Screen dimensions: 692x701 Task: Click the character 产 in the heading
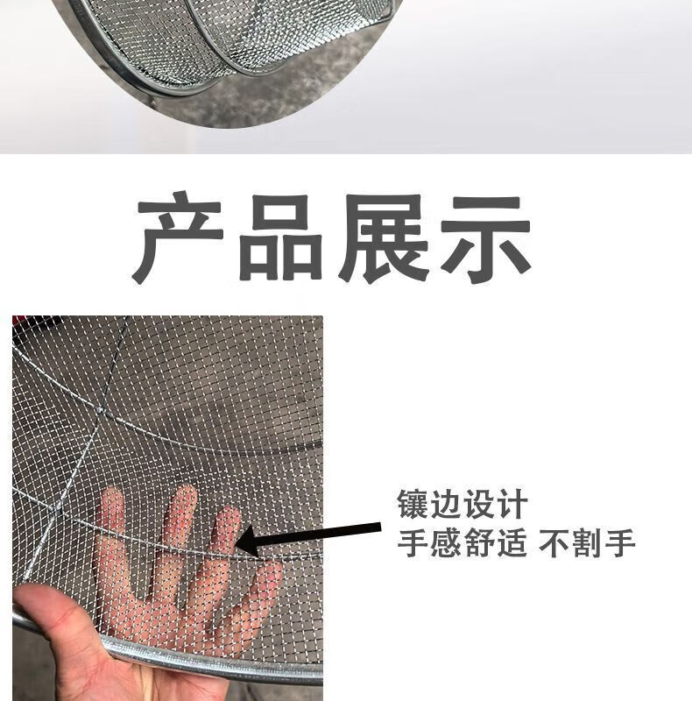click(x=178, y=237)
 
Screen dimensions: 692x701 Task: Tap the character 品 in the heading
click(x=280, y=237)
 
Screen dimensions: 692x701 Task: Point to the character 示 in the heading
click(x=485, y=239)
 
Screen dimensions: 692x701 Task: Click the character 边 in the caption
click(x=446, y=504)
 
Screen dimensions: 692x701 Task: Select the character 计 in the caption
click(x=512, y=504)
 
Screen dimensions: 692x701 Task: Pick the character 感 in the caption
click(x=446, y=542)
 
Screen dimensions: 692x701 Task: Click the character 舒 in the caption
click(x=479, y=542)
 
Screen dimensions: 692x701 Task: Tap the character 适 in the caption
click(x=512, y=542)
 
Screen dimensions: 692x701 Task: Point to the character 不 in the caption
click(x=554, y=542)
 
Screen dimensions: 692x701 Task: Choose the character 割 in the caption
click(x=588, y=542)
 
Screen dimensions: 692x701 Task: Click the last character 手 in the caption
click(x=620, y=542)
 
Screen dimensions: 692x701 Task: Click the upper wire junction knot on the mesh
click(x=100, y=408)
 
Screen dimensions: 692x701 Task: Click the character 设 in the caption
click(x=479, y=504)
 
